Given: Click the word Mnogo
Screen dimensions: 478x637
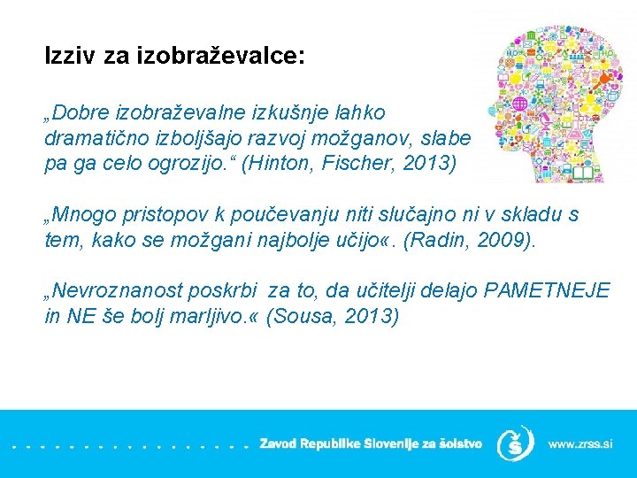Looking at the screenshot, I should click(x=83, y=214).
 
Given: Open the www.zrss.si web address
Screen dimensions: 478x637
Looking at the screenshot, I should click(x=579, y=443).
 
